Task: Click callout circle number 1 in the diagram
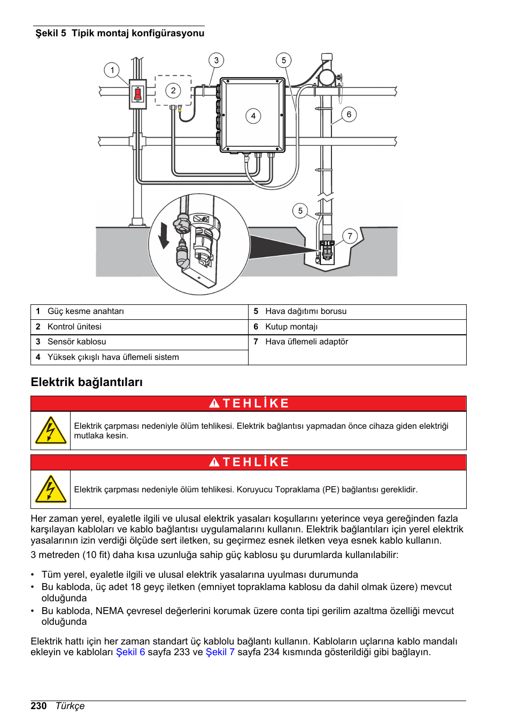pyautogui.click(x=112, y=70)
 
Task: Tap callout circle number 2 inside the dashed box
pyautogui.click(x=173, y=90)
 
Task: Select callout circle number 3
pyautogui.click(x=216, y=60)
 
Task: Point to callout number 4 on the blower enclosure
pyautogui.click(x=253, y=116)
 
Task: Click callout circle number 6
pyautogui.click(x=349, y=114)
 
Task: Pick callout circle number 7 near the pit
pyautogui.click(x=350, y=236)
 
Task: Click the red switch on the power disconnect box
pyautogui.click(x=137, y=95)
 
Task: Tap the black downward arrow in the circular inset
pyautogui.click(x=164, y=235)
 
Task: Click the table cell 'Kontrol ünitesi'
pyautogui.click(x=74, y=327)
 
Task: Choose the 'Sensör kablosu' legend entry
pyautogui.click(x=76, y=342)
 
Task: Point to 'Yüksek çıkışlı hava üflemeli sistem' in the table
pyautogui.click(x=113, y=357)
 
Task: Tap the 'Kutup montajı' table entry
pyautogui.click(x=291, y=327)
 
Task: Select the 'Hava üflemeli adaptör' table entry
pyautogui.click(x=306, y=342)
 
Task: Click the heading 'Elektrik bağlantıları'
pyautogui.click(x=87, y=382)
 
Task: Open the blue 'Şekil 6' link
pyautogui.click(x=130, y=652)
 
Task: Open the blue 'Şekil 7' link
pyautogui.click(x=220, y=652)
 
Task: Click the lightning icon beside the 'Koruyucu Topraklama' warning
pyautogui.click(x=50, y=489)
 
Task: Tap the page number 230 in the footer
pyautogui.click(x=38, y=706)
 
